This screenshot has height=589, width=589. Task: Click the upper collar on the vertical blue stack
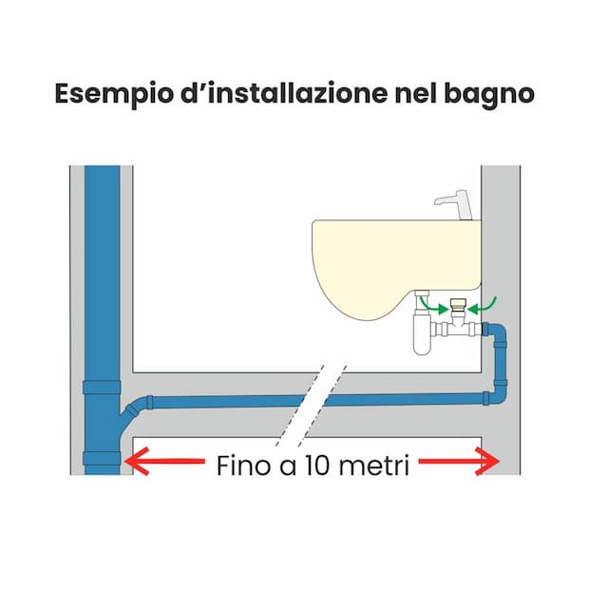point(102,388)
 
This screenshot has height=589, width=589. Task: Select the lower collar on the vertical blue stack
point(102,458)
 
